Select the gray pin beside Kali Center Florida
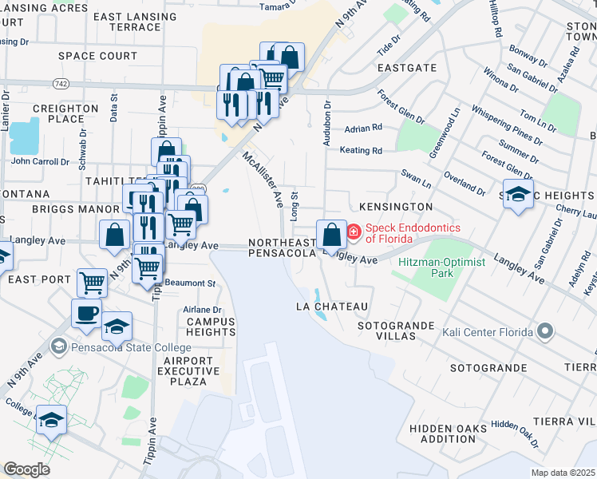(x=545, y=330)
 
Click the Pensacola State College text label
(x=130, y=348)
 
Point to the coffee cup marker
(x=86, y=313)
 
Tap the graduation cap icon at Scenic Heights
(x=518, y=195)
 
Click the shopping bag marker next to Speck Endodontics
(x=331, y=235)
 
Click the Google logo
(x=27, y=469)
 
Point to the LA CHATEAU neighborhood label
(x=331, y=307)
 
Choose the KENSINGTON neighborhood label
(x=396, y=207)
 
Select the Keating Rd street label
(x=361, y=150)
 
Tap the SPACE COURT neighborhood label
(x=98, y=56)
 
